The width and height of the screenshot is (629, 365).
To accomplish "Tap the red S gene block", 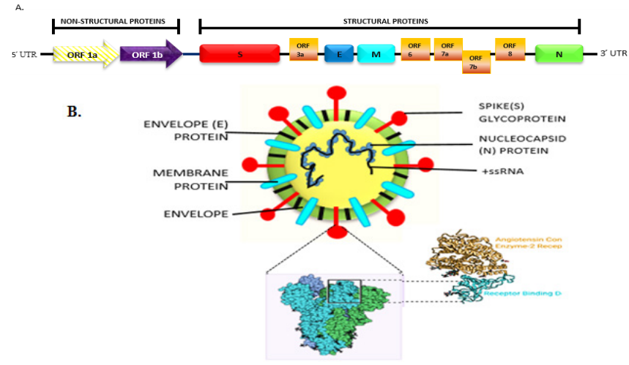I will coord(239,54).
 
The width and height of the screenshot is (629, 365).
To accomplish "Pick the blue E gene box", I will coord(338,54).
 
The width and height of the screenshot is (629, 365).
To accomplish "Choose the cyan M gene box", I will coord(376,54).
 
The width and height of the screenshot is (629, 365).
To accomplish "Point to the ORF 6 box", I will coord(415,49).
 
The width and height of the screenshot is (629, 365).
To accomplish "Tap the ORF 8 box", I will coord(509,48).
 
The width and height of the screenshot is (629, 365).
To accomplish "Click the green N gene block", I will coord(559,54).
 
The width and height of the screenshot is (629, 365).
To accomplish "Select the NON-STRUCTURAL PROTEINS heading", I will coord(116,22).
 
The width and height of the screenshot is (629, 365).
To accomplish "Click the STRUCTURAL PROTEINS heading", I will coord(390,22).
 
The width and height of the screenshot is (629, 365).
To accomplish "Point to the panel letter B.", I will coord(75,112).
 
